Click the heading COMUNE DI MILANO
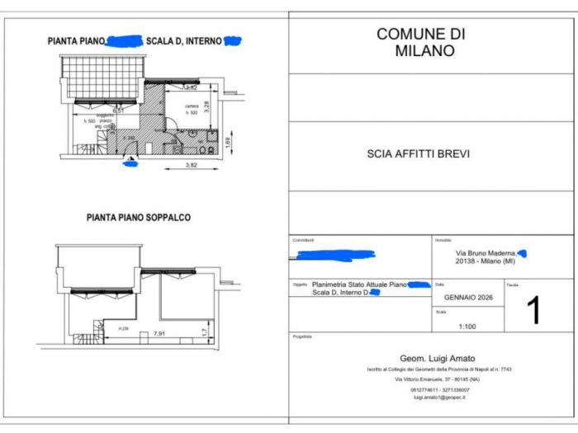click(420, 42)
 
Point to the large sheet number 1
click(533, 311)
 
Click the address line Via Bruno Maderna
click(486, 252)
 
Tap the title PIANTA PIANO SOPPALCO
click(139, 218)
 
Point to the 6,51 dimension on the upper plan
click(118, 109)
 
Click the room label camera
click(192, 106)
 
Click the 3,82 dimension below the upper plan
click(190, 165)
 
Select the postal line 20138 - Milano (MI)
click(486, 261)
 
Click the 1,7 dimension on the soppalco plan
click(205, 332)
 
